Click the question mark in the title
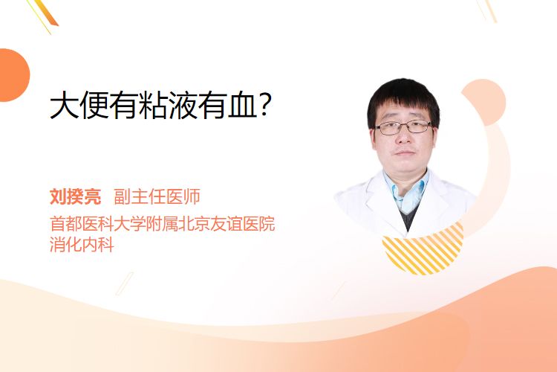(265, 105)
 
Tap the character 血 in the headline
(242, 105)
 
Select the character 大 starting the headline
(65, 105)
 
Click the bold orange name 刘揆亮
(75, 196)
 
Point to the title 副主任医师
(157, 196)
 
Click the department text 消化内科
(82, 245)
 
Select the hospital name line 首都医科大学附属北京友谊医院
(163, 223)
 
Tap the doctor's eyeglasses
(403, 127)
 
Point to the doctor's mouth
(405, 153)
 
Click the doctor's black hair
(403, 100)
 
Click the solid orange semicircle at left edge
(13, 75)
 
